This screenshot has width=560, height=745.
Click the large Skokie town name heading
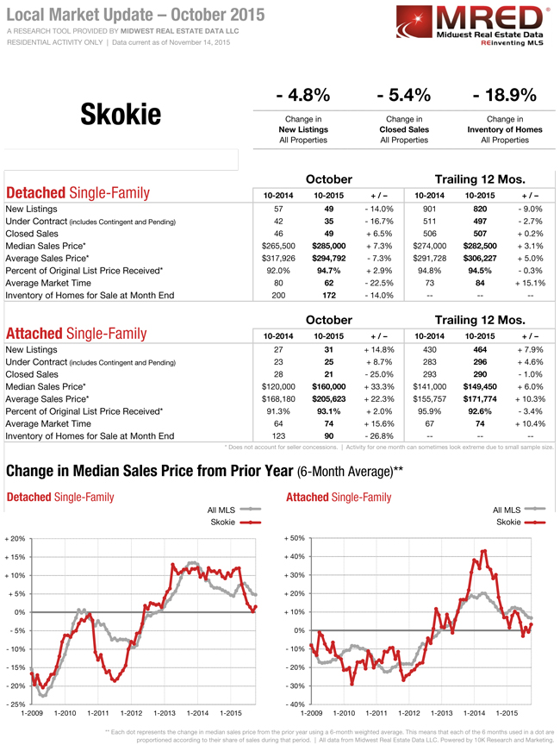pyautogui.click(x=121, y=113)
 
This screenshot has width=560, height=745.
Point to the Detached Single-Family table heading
pyautogui.click(x=77, y=193)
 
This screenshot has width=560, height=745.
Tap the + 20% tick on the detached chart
pyautogui.click(x=16, y=538)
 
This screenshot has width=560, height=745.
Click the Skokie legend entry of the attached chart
pyautogui.click(x=507, y=522)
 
